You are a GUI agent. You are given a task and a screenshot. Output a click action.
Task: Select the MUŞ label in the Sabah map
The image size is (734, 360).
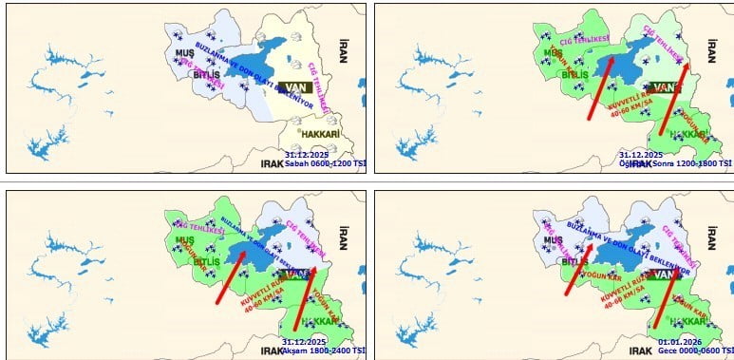pos(185,53)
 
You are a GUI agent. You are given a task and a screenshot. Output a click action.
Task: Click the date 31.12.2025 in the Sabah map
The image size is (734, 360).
pos(304,153)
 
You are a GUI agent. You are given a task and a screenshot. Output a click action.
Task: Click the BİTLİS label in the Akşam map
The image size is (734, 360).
pos(209,260)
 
